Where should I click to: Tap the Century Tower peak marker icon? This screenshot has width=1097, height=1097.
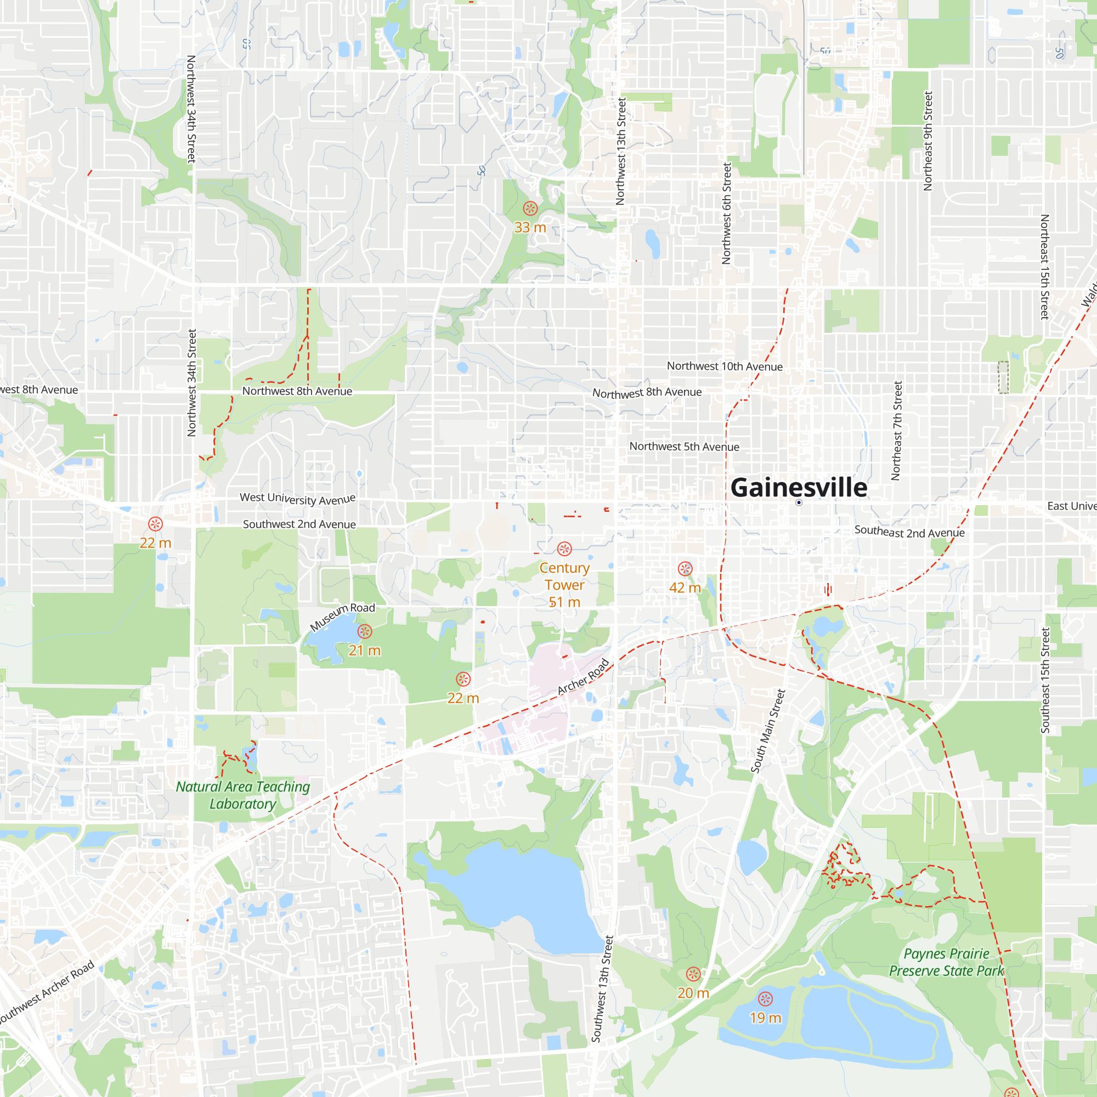tap(564, 548)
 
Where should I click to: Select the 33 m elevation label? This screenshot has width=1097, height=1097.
tap(530, 228)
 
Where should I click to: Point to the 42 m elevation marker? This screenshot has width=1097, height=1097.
tap(685, 569)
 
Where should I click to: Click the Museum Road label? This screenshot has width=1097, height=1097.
tap(342, 616)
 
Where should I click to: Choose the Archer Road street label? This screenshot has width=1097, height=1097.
tap(583, 676)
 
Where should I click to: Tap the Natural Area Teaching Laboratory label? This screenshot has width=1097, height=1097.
tap(243, 795)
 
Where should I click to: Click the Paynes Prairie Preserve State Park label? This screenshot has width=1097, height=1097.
tap(946, 962)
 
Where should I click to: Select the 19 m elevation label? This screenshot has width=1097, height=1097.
tap(765, 1018)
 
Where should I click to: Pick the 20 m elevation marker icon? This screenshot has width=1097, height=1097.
tap(693, 974)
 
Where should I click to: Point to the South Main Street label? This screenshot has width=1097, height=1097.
tap(768, 731)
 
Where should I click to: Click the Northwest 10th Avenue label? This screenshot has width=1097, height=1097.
tap(725, 366)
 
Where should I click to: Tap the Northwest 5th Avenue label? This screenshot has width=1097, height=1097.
tap(684, 446)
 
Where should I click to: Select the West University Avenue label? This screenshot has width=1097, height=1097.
tap(297, 499)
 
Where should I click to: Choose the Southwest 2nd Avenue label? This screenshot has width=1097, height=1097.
tap(299, 524)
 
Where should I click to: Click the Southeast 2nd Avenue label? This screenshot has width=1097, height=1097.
tap(909, 531)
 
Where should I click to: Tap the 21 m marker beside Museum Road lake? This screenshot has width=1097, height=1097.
tap(365, 631)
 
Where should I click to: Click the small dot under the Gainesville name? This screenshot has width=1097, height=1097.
tap(799, 502)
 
